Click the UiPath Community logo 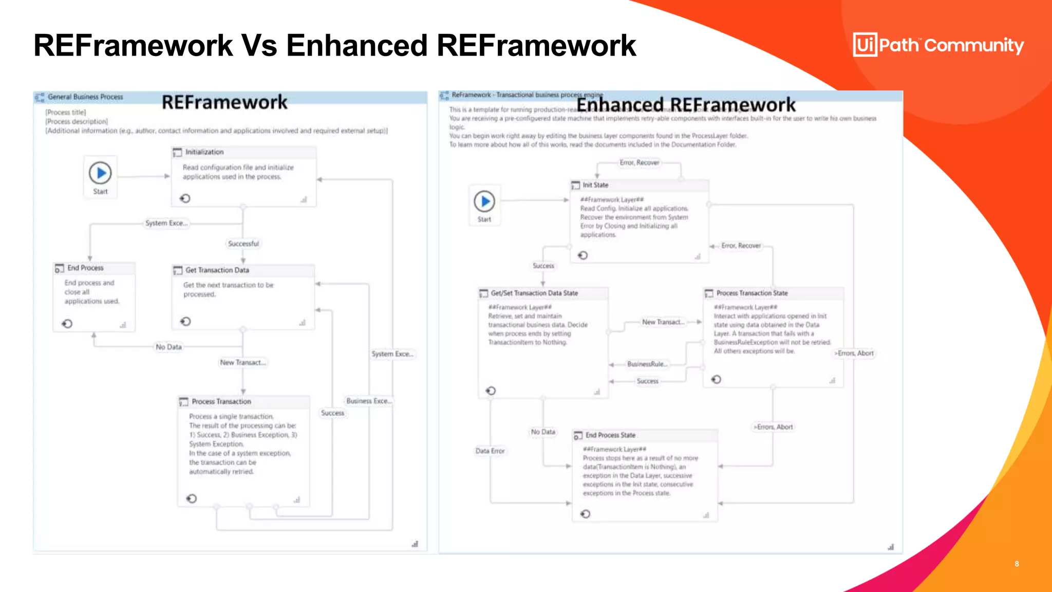[x=938, y=45]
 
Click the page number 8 [x=1017, y=564]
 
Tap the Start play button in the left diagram [x=100, y=173]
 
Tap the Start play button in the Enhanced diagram [x=484, y=201]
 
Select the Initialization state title [x=204, y=152]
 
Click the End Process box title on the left [x=85, y=268]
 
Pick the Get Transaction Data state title [x=217, y=270]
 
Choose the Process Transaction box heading [x=221, y=401]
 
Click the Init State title [x=595, y=185]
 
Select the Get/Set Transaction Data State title [x=534, y=293]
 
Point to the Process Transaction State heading [x=752, y=293]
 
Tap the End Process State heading [x=610, y=435]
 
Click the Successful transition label [x=243, y=244]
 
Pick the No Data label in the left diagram [x=168, y=347]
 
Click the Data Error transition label [x=490, y=451]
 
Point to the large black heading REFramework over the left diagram [x=224, y=102]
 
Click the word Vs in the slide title [x=259, y=45]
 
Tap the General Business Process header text [x=85, y=97]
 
